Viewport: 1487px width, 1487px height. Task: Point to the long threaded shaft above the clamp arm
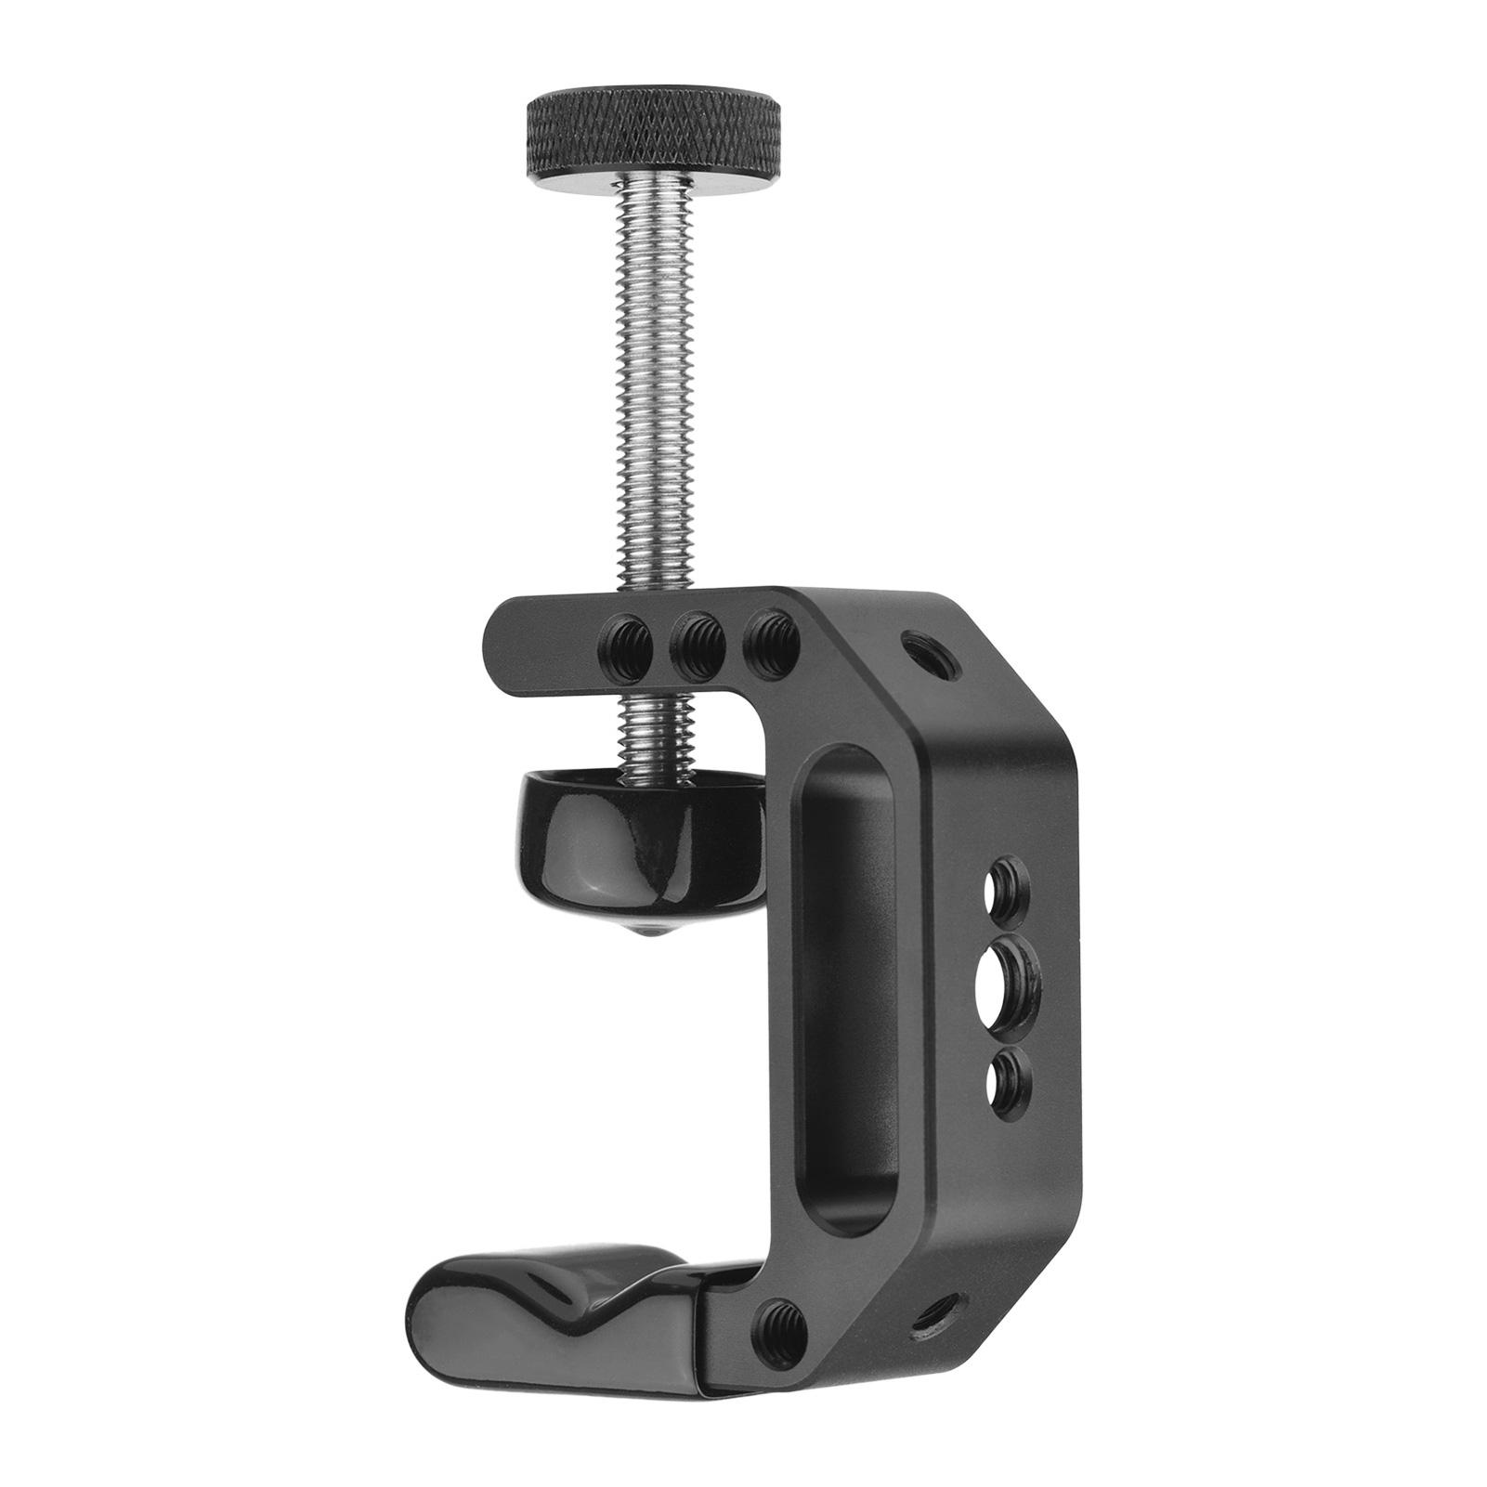pos(652,390)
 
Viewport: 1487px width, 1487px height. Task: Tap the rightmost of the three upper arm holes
pos(774,640)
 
